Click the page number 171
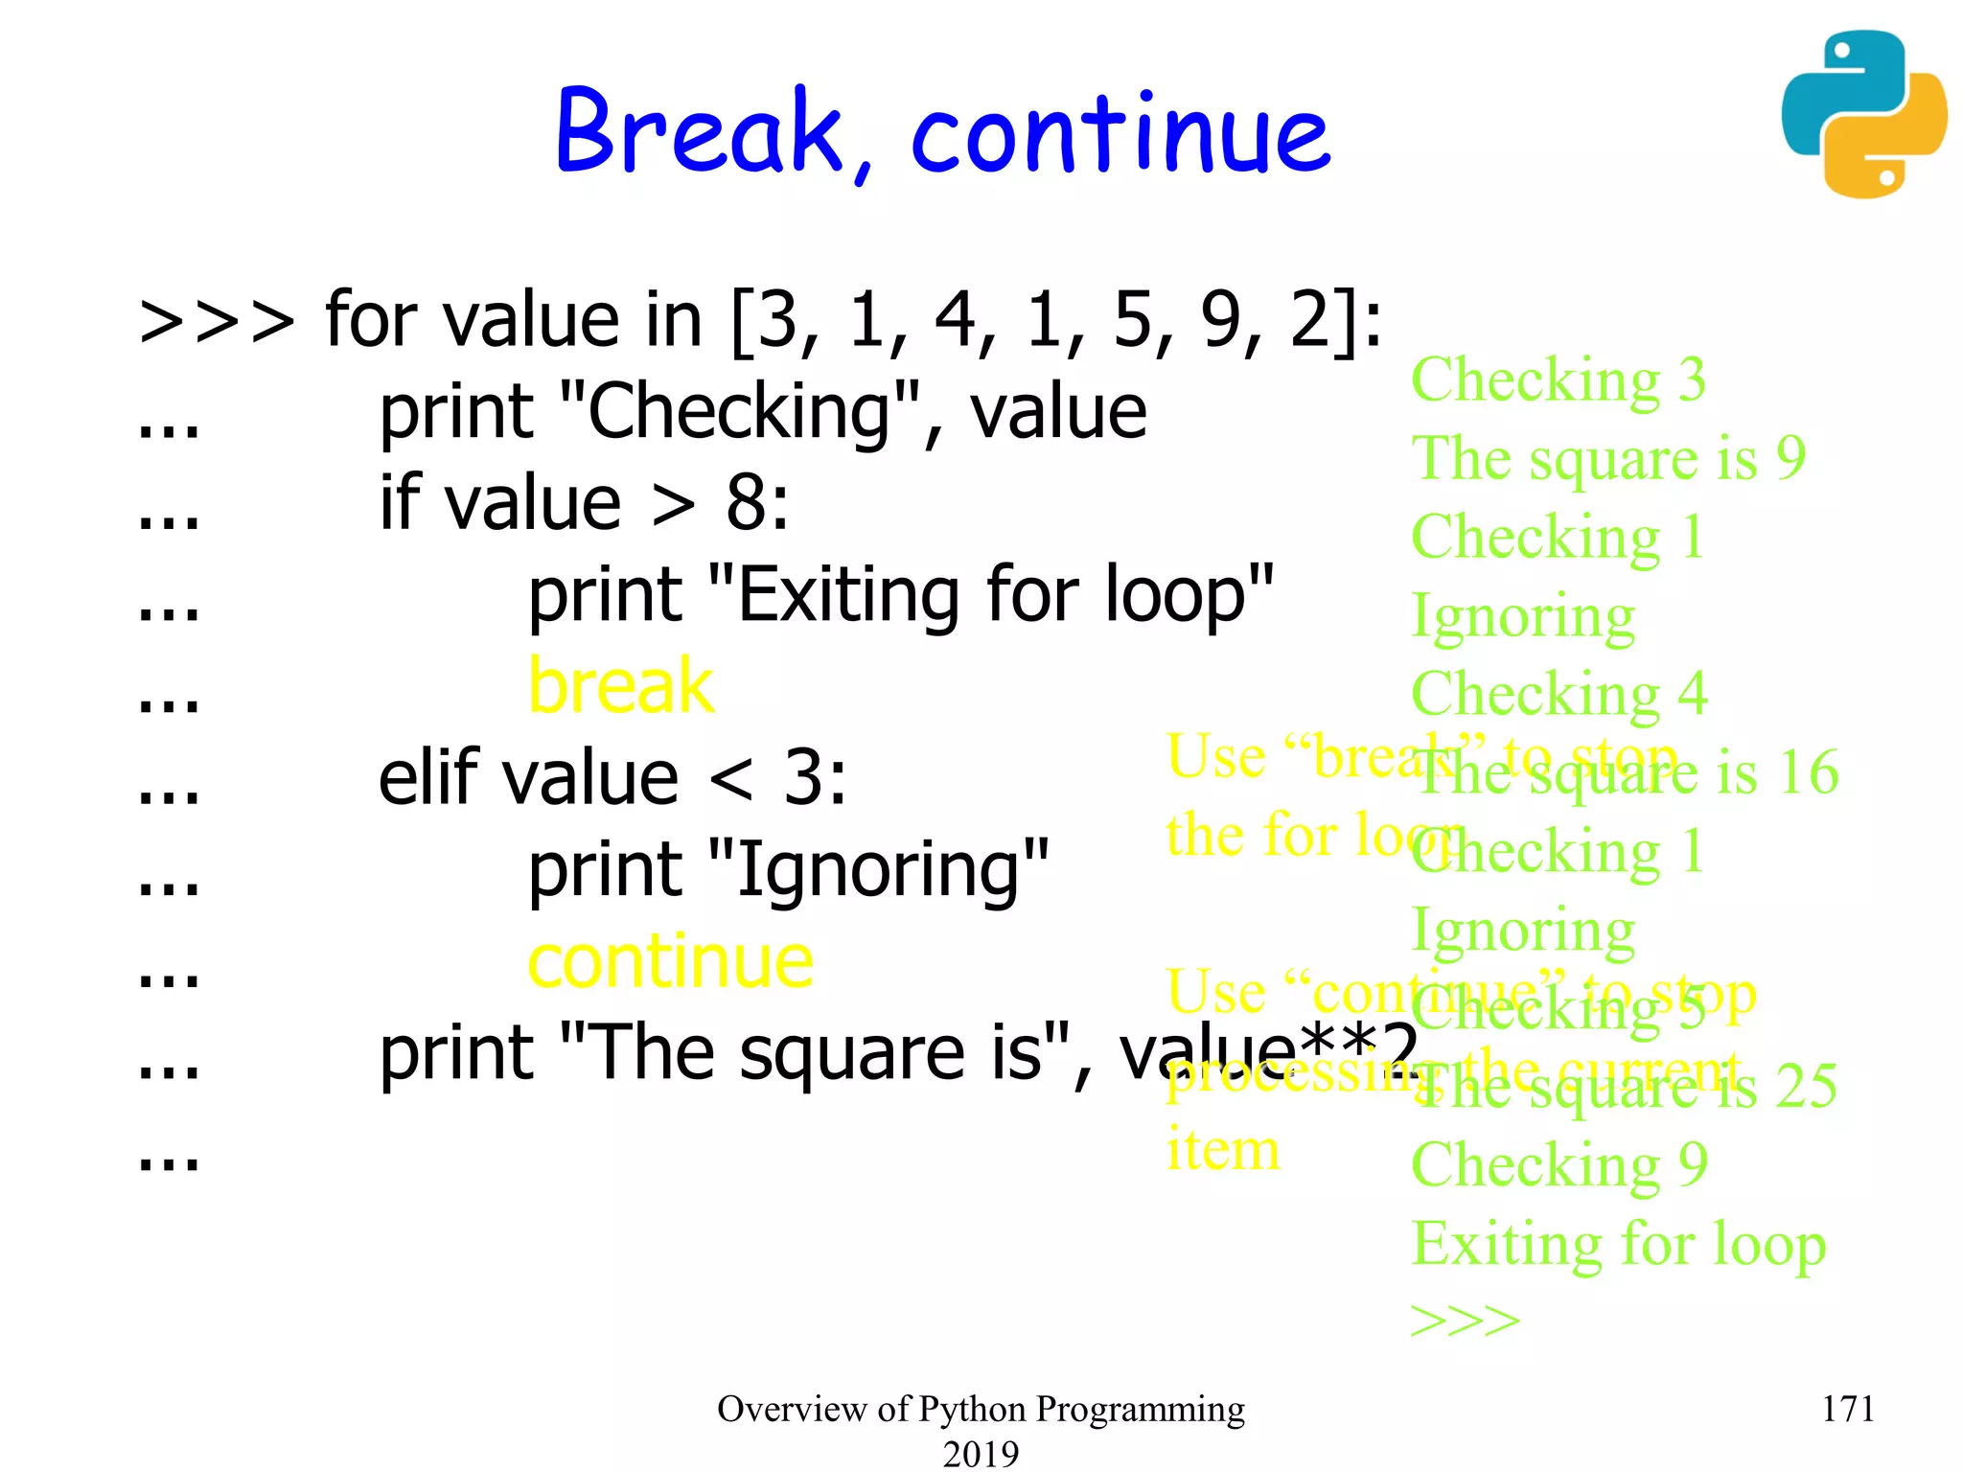[1847, 1409]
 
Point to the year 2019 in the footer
[981, 1454]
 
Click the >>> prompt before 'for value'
[217, 321]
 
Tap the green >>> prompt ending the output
[1465, 1321]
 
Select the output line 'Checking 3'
[1558, 380]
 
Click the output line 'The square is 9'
[1608, 458]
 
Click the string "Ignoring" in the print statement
[878, 869]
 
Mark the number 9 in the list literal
[1221, 320]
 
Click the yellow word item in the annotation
[1222, 1150]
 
